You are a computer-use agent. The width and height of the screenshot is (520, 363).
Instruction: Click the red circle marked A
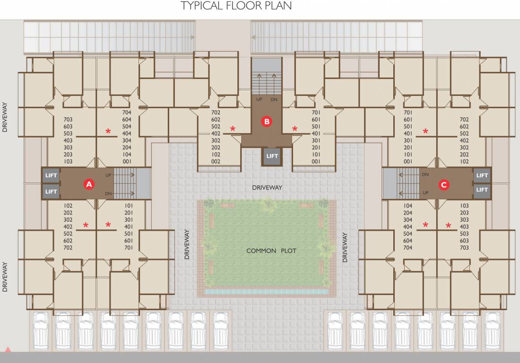coord(88,184)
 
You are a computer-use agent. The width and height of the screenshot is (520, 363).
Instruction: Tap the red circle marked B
coord(267,121)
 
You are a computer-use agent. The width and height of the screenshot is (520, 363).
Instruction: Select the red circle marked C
coord(443,185)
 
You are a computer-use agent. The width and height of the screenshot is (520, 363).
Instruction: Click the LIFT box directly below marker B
coord(272,156)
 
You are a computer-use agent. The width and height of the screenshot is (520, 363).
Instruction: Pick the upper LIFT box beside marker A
coord(51,176)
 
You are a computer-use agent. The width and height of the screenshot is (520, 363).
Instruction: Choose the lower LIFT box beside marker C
coord(482,190)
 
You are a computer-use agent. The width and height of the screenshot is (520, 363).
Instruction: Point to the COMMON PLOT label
coord(271,251)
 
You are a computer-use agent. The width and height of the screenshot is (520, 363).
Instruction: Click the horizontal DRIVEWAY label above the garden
coord(267,188)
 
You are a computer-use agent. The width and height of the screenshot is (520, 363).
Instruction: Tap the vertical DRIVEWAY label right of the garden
coord(345,248)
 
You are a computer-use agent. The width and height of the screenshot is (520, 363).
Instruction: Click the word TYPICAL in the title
coord(201,6)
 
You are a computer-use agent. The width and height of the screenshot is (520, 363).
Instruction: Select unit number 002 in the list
coord(216,162)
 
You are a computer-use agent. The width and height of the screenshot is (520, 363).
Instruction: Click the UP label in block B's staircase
coord(259,100)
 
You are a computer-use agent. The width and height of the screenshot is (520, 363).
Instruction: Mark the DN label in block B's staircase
coord(274,100)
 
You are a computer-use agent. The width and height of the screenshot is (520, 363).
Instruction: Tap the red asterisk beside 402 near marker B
coord(233,129)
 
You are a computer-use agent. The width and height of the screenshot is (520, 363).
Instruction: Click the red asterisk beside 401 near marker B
coord(295,129)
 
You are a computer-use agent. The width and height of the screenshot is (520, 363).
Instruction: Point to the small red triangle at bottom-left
coord(8,349)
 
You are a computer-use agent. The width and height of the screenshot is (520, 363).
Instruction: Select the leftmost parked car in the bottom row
coord(41,330)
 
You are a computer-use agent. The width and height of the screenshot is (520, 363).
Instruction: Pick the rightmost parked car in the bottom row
coord(493,330)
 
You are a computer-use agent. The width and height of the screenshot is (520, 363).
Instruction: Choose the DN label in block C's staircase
coord(425,174)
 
